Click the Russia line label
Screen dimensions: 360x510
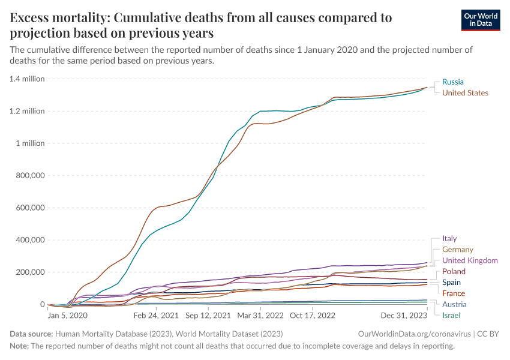point(452,82)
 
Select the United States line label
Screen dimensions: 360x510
point(465,93)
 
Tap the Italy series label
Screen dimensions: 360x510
point(449,239)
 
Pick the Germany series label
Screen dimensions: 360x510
point(457,250)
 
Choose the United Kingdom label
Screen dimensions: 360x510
point(470,260)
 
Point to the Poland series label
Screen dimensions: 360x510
point(454,272)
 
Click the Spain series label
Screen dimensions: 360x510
point(451,283)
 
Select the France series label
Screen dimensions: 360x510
point(453,293)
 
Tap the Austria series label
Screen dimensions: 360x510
point(454,304)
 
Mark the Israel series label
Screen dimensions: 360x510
point(451,315)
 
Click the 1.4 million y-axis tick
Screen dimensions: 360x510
point(26,79)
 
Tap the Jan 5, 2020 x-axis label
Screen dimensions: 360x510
point(67,315)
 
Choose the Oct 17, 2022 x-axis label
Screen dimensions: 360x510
point(312,315)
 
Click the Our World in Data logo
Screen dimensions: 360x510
point(481,20)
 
